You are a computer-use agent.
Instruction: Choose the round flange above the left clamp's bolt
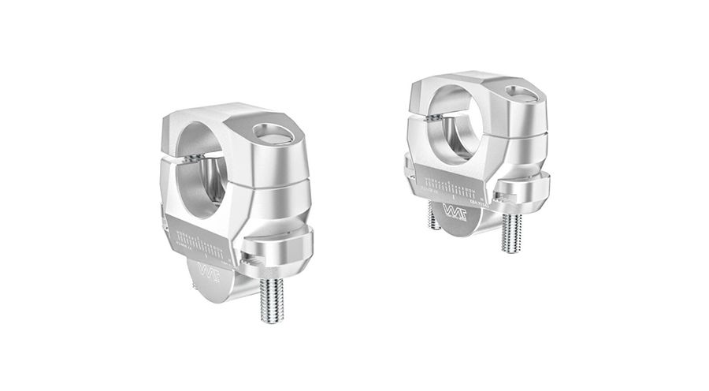[x=276, y=251]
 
